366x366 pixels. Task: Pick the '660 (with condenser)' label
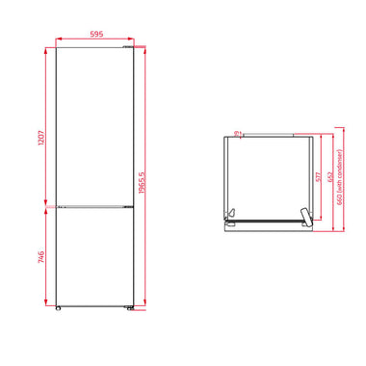point(341,183)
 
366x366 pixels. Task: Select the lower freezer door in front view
point(92,255)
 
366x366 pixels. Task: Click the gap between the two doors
point(92,204)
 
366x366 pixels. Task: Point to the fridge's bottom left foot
point(60,309)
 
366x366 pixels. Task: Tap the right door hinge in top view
point(304,216)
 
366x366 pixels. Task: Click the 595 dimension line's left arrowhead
point(58,39)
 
